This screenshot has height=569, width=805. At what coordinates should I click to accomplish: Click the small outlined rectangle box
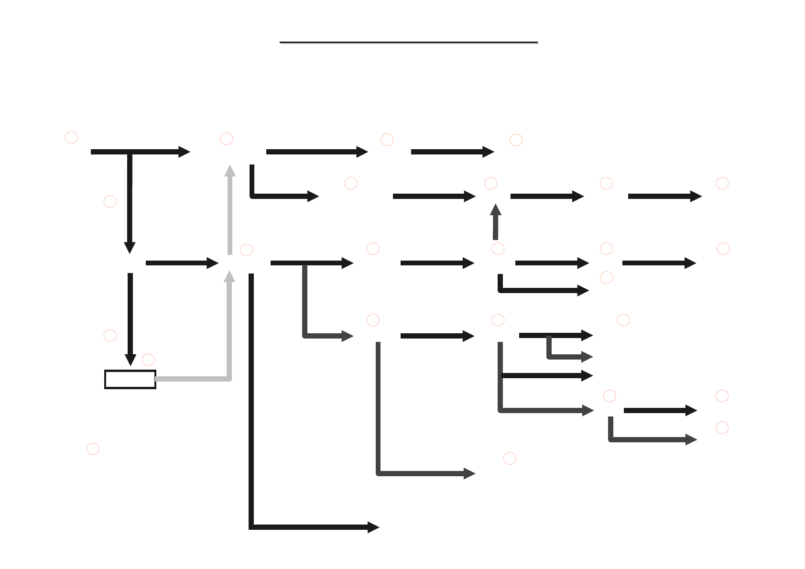click(x=130, y=379)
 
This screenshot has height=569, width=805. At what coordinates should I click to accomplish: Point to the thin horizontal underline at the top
click(x=409, y=43)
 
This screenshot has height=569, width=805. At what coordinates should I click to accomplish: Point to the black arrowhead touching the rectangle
click(x=130, y=360)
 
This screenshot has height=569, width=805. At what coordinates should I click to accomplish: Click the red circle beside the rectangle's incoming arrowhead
click(x=148, y=360)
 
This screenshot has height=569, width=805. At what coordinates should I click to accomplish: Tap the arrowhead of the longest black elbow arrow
click(x=373, y=527)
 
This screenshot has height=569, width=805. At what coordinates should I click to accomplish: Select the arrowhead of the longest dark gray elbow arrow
click(x=469, y=473)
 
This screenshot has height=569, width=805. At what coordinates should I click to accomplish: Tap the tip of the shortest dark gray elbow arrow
click(x=587, y=357)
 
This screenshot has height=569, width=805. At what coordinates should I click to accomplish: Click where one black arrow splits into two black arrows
click(x=130, y=152)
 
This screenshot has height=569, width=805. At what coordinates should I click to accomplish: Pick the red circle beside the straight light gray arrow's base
click(x=246, y=250)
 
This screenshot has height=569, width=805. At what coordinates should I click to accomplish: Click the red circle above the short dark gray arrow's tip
click(x=490, y=183)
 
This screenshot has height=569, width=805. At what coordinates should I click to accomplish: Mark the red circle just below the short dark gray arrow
click(x=498, y=249)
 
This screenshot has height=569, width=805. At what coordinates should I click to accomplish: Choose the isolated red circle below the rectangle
click(x=93, y=449)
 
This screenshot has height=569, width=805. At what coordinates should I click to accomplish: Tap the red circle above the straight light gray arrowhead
click(x=226, y=139)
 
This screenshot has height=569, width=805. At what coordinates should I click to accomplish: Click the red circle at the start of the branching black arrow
click(x=71, y=137)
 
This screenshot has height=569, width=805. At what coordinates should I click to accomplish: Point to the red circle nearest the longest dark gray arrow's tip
click(x=510, y=458)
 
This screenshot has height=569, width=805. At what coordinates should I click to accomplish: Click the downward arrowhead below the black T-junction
click(x=130, y=248)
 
